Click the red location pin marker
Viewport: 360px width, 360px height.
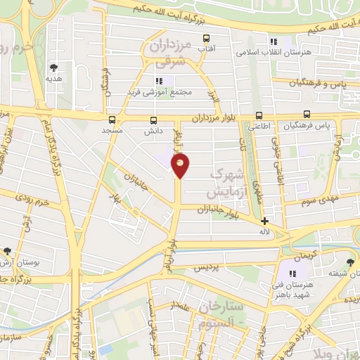[181, 166]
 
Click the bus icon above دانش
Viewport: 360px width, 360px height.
[153, 120]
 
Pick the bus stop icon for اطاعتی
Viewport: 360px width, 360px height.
[259, 116]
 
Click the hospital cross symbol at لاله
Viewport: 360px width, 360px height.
[264, 221]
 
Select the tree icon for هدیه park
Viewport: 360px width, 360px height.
[54, 67]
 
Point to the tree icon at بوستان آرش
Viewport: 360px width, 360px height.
[6, 250]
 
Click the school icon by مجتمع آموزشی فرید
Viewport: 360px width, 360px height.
[160, 80]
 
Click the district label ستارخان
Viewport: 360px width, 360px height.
[220, 307]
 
